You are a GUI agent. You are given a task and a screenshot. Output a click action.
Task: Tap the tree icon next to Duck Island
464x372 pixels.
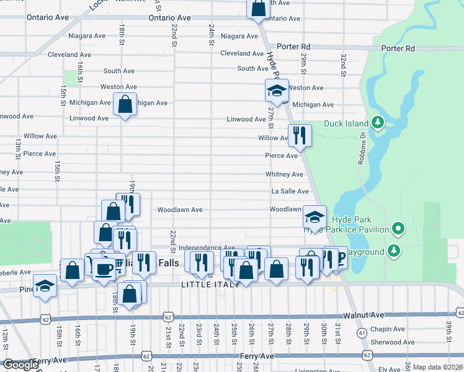377,123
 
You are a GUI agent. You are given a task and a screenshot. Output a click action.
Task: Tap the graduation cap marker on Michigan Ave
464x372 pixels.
277,91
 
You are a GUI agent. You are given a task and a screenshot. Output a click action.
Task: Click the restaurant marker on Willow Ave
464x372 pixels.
300,135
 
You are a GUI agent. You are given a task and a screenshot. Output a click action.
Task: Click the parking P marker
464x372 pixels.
339,258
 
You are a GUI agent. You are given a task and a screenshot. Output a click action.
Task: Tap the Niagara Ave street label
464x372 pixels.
239,37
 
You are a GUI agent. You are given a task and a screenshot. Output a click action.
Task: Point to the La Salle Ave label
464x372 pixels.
290,192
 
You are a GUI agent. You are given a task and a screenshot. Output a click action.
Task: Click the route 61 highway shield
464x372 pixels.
362,333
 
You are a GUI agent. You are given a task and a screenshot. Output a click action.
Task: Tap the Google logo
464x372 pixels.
20,365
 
